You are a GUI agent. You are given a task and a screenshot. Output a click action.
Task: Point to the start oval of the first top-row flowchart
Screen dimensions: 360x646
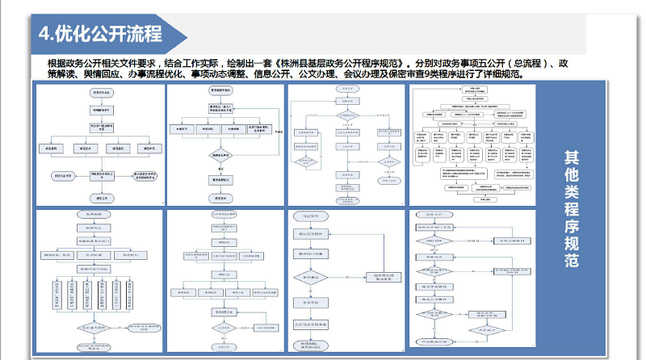pyautogui.click(x=99, y=93)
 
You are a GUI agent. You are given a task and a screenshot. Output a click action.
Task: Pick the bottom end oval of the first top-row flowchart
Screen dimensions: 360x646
pyautogui.click(x=99, y=196)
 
